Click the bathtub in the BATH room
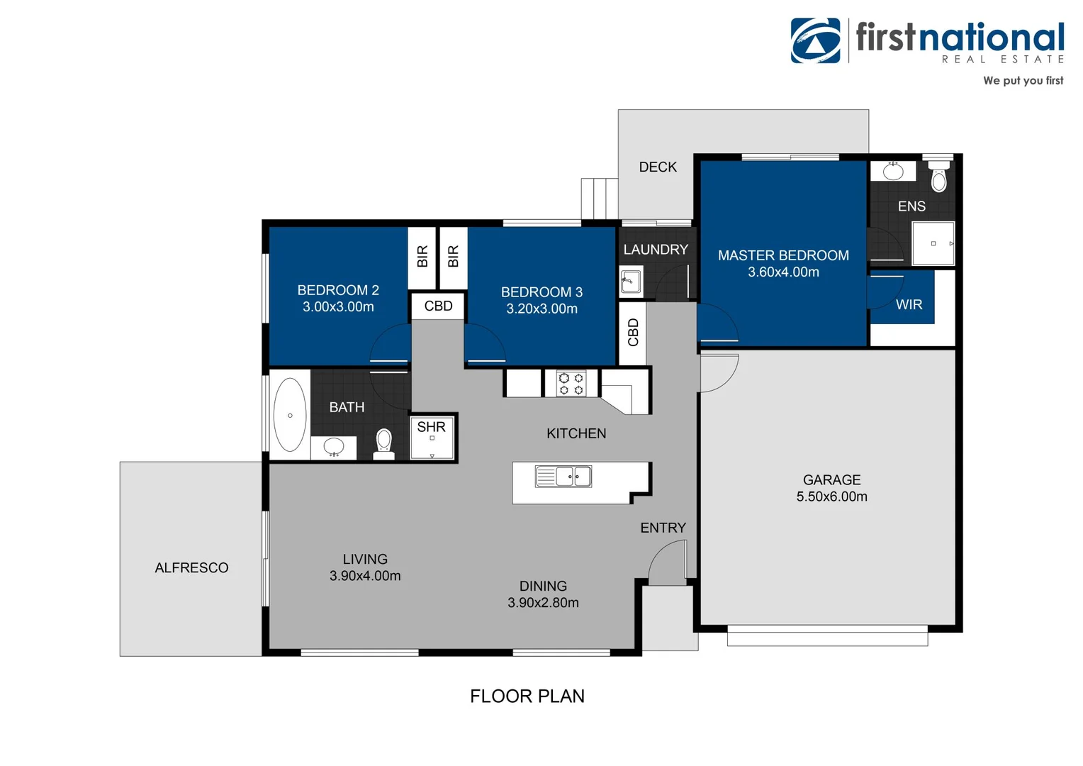coord(290,415)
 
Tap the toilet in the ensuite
coord(938,177)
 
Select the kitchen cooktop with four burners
coord(571,384)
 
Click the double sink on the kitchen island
coord(563,477)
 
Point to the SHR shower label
coord(431,427)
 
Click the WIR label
coord(909,305)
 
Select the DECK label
coord(658,167)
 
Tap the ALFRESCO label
coord(191,568)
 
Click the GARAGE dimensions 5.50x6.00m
coord(831,497)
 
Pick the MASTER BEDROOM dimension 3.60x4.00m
coord(783,272)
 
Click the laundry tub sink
coord(631,282)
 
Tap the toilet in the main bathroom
coord(384,442)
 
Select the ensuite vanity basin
coord(892,171)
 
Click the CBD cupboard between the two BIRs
coord(438,306)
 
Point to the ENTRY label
coord(663,528)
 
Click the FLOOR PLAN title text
coord(527,696)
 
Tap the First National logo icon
coord(815,40)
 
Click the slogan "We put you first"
coord(1023,81)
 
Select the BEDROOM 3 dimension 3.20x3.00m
coord(541,309)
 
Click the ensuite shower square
coord(933,243)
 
